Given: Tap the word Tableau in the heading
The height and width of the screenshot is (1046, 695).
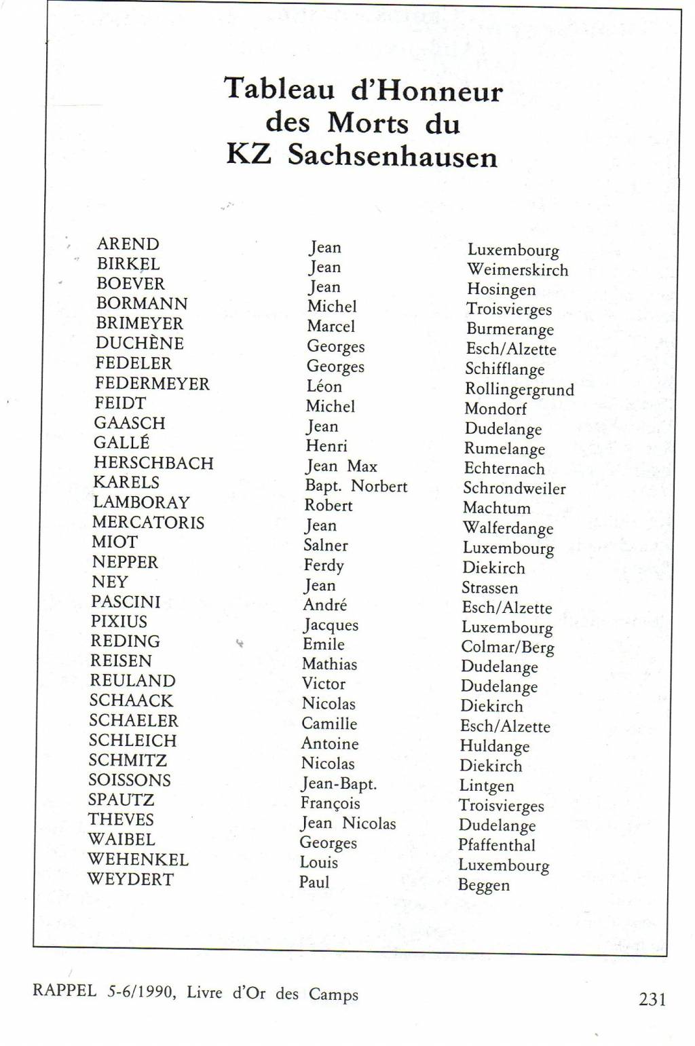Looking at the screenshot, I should point(279,89).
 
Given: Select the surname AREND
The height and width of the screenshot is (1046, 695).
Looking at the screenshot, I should point(128,244).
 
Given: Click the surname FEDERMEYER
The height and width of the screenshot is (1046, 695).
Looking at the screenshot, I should point(152,384).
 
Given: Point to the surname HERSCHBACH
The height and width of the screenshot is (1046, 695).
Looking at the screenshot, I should point(153,463).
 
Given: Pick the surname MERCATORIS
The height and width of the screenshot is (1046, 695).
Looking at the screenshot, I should point(148,523).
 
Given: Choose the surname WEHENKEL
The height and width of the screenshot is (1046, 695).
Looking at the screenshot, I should point(138,859).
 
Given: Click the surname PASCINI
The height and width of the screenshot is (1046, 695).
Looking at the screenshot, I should point(126,602).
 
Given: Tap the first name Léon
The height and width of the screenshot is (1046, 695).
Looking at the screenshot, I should point(324,386).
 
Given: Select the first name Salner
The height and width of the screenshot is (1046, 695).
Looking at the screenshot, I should point(325,545).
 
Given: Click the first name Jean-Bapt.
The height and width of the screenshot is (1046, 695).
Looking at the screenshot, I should point(339,784).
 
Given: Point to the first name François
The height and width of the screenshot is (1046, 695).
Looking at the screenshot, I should point(330,804).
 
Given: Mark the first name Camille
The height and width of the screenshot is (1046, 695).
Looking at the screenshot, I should point(329,724).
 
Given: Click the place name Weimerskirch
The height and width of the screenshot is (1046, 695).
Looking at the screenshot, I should point(517,270).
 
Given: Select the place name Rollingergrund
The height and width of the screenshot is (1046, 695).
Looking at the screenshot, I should point(519,390).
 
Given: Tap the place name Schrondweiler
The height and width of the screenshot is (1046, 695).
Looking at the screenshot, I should point(514,489).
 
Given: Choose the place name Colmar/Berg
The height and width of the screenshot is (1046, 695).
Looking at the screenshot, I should point(507,648).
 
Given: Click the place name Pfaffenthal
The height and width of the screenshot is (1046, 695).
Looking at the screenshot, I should point(496,845).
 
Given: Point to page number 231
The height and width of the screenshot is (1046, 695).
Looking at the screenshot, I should point(652,999).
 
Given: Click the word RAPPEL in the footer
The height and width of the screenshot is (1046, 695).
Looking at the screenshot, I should point(64,990).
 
